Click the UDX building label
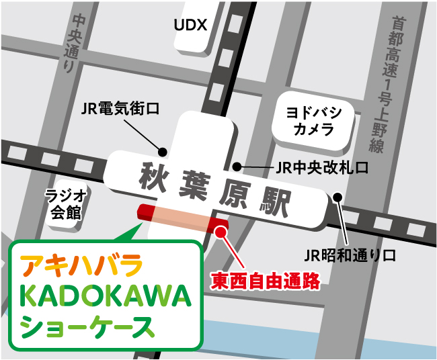[x=190, y=26]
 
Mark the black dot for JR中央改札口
[x=236, y=167]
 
